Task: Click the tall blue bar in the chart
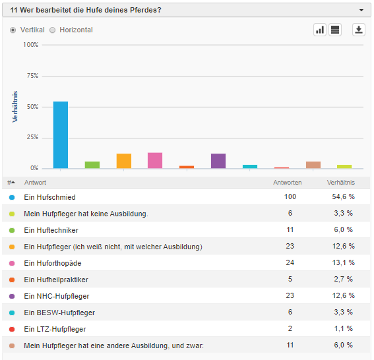(61, 135)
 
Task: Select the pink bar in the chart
(155, 160)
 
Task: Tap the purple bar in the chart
(218, 161)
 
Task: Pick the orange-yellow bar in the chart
(124, 161)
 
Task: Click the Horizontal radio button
(53, 30)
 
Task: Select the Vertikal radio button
(13, 30)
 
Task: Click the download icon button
(359, 30)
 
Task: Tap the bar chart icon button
(320, 30)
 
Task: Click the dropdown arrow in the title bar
(361, 11)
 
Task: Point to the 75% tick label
(32, 76)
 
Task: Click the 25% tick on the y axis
(32, 137)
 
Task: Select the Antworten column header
(288, 183)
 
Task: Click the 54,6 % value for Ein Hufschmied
(343, 196)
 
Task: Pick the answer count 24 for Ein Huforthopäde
(290, 262)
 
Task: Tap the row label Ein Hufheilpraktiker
(56, 280)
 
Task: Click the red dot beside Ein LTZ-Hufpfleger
(12, 329)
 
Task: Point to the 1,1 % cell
(343, 328)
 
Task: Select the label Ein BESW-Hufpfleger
(59, 313)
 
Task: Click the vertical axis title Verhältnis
(15, 107)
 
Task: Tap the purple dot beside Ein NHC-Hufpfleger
(12, 296)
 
